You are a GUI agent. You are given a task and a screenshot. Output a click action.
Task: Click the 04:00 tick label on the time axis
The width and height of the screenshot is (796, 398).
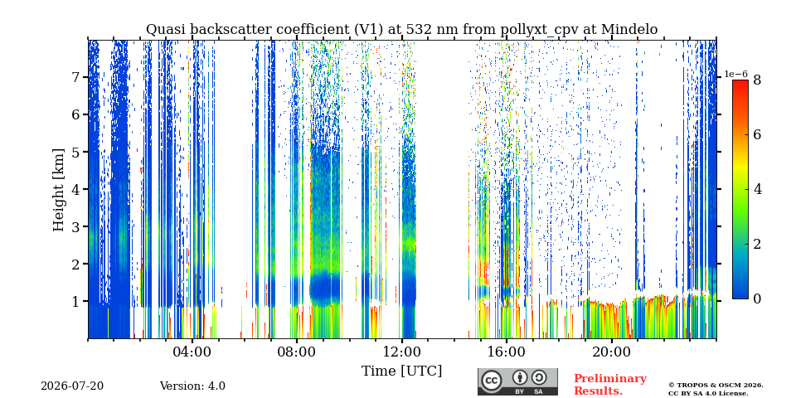tap(192, 352)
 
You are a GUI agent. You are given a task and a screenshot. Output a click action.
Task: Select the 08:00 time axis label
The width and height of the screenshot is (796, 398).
tap(297, 352)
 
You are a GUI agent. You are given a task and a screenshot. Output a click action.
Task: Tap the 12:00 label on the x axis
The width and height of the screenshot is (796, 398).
tap(401, 352)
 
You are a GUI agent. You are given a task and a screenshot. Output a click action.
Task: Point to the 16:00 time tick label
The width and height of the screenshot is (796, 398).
tap(506, 352)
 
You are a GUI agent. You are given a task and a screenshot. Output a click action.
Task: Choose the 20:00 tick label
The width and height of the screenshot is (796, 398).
tap(611, 352)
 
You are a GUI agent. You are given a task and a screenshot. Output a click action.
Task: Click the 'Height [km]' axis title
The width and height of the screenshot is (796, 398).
tap(60, 190)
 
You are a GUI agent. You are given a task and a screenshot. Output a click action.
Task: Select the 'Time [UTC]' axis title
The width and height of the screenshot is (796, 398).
tap(401, 371)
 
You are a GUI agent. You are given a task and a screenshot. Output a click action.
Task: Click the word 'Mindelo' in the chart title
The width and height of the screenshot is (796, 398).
tap(629, 30)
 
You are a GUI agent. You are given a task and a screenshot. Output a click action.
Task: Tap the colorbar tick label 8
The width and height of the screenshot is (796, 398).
tap(757, 80)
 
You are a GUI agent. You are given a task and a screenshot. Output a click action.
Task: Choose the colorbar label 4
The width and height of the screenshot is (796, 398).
tap(757, 190)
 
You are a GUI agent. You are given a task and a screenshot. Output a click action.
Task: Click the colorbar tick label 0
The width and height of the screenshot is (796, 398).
tap(757, 299)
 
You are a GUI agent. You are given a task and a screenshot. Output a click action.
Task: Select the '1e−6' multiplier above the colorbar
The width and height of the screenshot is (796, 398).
tap(735, 74)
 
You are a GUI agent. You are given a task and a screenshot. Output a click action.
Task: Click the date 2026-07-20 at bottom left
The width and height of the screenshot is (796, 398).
tap(72, 386)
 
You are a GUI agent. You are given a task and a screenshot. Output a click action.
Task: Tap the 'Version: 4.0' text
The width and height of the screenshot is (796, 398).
tap(192, 386)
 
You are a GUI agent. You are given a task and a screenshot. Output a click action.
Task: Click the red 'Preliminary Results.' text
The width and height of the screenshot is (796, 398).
tap(610, 385)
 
